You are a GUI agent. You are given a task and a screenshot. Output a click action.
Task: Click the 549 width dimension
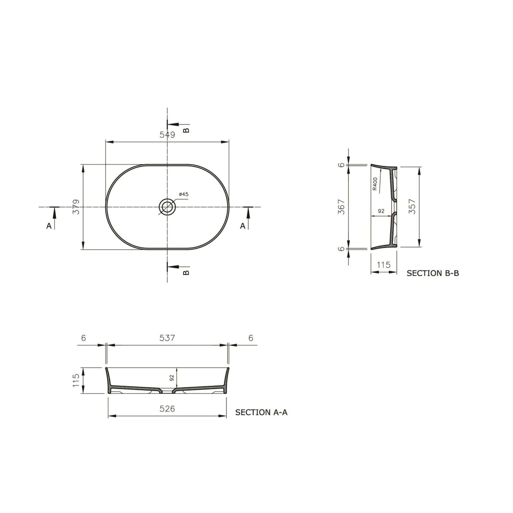[167, 135]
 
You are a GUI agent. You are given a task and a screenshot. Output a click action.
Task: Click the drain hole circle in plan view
[167, 207]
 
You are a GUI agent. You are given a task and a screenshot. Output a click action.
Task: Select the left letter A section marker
[49, 226]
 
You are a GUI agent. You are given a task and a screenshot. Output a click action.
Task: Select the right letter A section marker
[243, 226]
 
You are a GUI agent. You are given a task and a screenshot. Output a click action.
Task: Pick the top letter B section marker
[187, 130]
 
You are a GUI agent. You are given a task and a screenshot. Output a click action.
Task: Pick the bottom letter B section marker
[187, 273]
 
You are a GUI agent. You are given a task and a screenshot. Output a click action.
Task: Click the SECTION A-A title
[261, 412]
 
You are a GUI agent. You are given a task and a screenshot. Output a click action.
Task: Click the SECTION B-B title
[433, 273]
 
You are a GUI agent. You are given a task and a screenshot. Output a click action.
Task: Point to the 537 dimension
[167, 338]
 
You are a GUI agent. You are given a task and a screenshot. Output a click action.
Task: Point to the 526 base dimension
[167, 409]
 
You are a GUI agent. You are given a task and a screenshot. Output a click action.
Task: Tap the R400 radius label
[375, 184]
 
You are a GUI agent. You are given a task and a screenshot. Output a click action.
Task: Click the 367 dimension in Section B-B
[341, 207]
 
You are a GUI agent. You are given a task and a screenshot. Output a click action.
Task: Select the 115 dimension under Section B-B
[384, 265]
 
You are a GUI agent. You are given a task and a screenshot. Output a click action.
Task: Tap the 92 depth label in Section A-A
[172, 378]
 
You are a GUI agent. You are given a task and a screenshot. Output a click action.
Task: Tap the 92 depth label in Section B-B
[381, 211]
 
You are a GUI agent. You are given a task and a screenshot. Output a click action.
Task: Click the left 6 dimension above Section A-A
[84, 338]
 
